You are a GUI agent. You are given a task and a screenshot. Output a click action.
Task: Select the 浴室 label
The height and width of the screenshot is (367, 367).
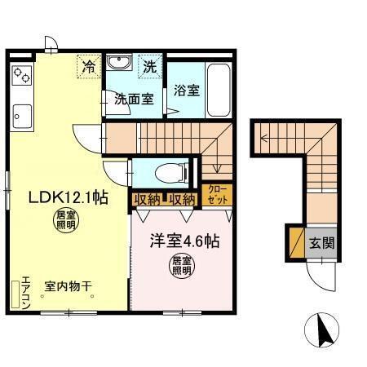(x=187, y=91)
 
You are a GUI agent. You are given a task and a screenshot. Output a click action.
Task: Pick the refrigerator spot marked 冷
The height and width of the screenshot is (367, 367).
(x=88, y=65)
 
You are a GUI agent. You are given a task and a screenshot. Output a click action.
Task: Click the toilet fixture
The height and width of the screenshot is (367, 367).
(x=168, y=173)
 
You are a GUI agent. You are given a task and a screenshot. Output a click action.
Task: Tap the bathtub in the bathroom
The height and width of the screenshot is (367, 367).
(x=219, y=89)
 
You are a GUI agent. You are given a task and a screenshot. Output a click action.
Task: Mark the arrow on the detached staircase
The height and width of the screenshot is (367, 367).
(x=266, y=139)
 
